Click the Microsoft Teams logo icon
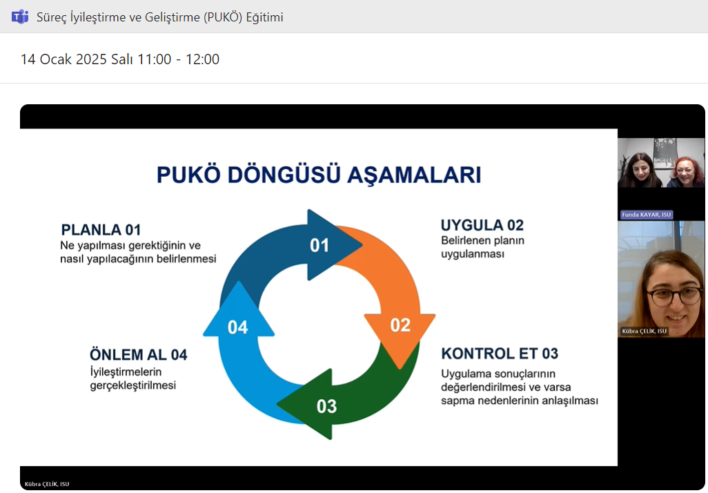[x=19, y=17]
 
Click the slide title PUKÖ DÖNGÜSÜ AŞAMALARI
[x=319, y=174]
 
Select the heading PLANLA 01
[x=101, y=230]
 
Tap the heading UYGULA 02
[x=482, y=225]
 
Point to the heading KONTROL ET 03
[x=500, y=354]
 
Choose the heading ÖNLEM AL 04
[x=138, y=355]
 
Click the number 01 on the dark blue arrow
[x=319, y=245]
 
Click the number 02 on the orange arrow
[x=400, y=325]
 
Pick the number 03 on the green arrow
[x=326, y=406]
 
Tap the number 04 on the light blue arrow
[x=238, y=327]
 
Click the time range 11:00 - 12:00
[x=178, y=59]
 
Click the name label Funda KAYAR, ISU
[x=646, y=215]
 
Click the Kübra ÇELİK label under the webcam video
[x=643, y=331]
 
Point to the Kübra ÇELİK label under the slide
[x=47, y=484]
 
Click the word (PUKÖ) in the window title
[x=225, y=17]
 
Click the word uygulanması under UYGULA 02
[x=473, y=253]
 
